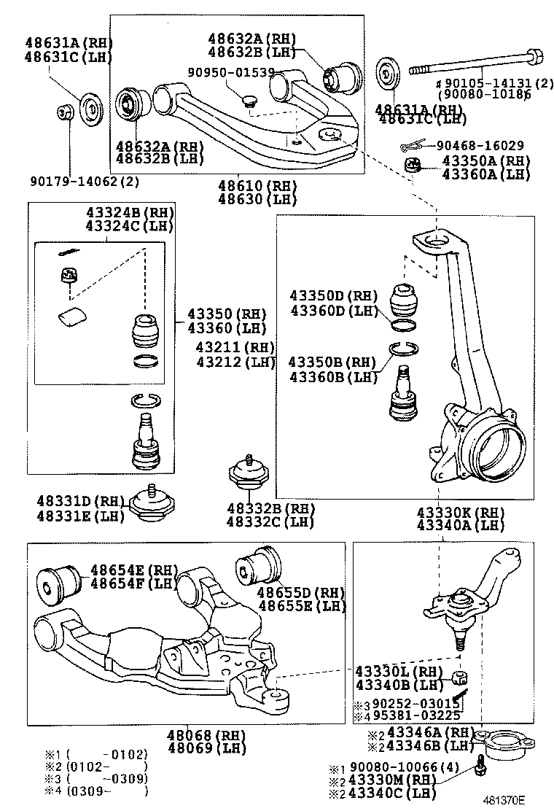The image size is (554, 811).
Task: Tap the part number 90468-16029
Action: (x=480, y=146)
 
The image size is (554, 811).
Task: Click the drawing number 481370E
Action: (x=502, y=799)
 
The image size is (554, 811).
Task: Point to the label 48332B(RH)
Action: (x=270, y=508)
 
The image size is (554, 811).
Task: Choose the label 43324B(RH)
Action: (x=130, y=213)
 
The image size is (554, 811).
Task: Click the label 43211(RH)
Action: (x=235, y=348)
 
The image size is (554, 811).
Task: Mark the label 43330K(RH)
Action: (x=460, y=512)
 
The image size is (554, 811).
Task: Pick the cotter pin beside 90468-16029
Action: (x=413, y=147)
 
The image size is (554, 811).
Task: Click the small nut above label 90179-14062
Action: (x=65, y=113)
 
